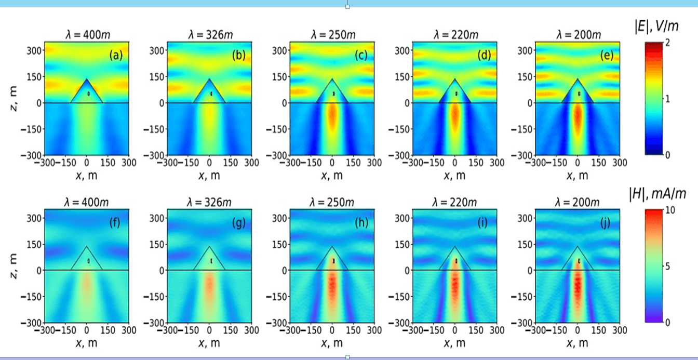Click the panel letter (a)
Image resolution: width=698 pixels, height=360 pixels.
116,54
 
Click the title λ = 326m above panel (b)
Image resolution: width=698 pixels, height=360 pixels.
209,35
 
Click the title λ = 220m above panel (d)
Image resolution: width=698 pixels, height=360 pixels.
455,35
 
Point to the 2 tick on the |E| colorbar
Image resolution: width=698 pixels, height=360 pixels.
667,42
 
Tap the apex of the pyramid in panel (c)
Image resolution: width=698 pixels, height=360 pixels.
332,79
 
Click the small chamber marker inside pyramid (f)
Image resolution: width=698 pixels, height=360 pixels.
89,261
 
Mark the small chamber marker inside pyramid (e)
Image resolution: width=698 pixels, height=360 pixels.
580,94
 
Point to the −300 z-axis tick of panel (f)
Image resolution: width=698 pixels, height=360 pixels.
34,323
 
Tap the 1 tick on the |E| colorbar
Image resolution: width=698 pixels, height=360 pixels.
667,98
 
